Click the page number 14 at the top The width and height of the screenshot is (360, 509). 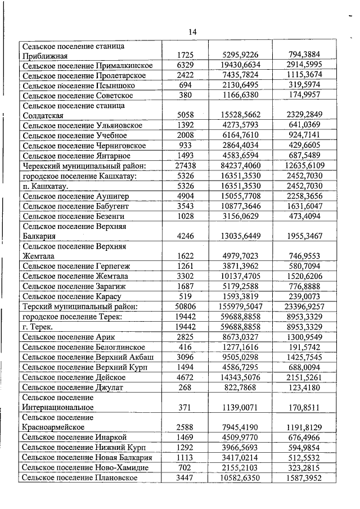[193, 32]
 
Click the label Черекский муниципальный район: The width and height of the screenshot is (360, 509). [84, 166]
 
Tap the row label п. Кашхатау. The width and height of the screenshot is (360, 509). [46, 186]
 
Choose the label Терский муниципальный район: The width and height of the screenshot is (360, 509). [80, 307]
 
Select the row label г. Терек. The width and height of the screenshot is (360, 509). [38, 326]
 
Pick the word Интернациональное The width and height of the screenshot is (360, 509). [58, 407]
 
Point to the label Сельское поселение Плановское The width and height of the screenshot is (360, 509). [79, 478]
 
